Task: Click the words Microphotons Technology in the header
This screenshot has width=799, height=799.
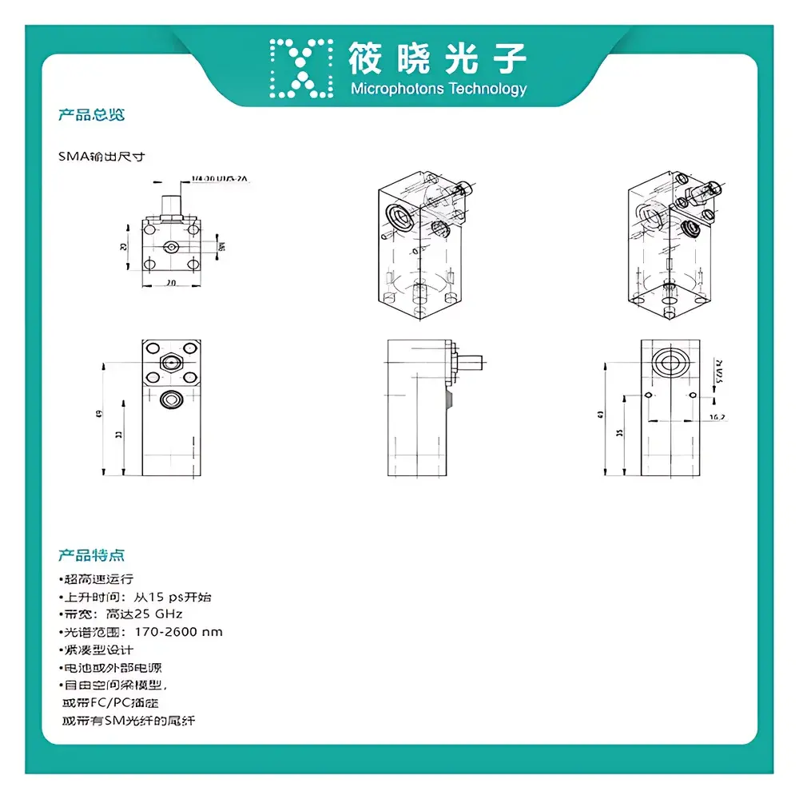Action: (439, 89)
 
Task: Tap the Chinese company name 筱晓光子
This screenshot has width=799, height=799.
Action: (438, 58)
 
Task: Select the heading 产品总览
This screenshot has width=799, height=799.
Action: (91, 115)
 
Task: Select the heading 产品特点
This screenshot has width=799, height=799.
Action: (91, 555)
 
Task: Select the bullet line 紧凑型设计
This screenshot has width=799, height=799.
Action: (97, 650)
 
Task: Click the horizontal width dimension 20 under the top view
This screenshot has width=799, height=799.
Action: (171, 283)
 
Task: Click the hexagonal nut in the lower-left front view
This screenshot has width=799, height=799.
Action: (170, 363)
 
